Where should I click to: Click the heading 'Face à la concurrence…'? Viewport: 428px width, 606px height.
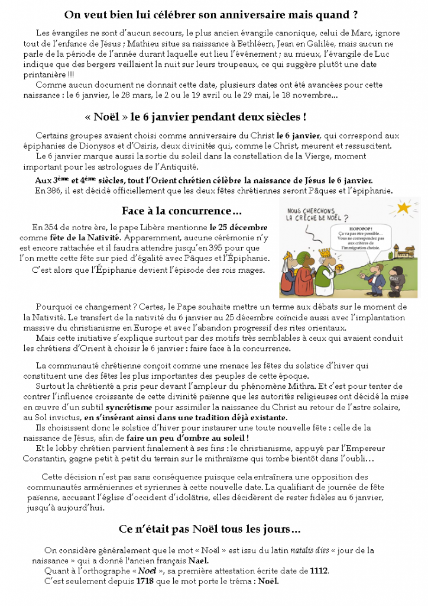pyautogui.click(x=181, y=211)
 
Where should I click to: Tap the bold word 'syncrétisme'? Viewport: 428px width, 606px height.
pyautogui.click(x=132, y=408)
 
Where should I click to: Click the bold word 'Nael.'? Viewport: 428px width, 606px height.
pyautogui.click(x=198, y=560)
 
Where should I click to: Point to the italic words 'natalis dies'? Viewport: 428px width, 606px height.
pyautogui.click(x=310, y=550)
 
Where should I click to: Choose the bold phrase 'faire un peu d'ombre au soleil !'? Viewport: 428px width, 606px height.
pyautogui.click(x=187, y=438)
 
